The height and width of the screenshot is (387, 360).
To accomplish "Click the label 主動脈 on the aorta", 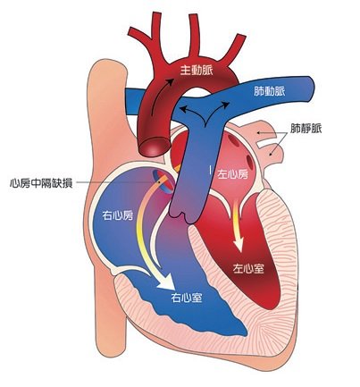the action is tap(197, 71).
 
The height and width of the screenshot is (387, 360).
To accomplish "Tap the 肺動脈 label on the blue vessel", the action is tap(269, 91).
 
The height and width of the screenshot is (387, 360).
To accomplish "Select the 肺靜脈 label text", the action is tap(306, 129).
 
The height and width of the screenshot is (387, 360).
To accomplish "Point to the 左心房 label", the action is tap(232, 174).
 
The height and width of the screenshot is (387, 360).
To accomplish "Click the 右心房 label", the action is tap(118, 215).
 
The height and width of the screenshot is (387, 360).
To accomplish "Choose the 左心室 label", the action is tap(248, 268).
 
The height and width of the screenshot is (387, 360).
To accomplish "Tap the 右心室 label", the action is tap(187, 298).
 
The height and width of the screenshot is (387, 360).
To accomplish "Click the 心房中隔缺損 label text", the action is tap(41, 182).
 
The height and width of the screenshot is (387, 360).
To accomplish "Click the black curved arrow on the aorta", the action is tap(161, 97).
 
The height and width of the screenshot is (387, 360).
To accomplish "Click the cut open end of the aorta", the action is tap(155, 147).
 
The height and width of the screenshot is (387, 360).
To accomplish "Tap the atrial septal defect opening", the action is tap(163, 181).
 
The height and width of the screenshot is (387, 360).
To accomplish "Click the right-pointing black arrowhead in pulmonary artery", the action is tap(225, 105).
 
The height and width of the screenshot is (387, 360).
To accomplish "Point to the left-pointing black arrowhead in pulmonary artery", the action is tap(184, 109).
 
